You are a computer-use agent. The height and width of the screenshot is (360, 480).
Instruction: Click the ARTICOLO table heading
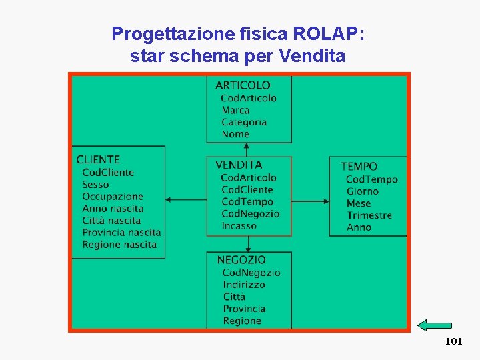[x=243, y=85]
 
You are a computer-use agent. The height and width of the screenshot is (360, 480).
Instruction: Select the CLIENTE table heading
[x=98, y=159]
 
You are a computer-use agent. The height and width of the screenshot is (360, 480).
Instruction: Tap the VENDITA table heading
[x=239, y=165]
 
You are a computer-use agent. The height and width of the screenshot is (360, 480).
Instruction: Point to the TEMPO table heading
[x=359, y=167]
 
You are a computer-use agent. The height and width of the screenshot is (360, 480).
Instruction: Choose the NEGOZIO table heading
[x=241, y=260]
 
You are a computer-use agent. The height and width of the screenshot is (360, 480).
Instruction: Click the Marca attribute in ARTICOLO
[x=235, y=110]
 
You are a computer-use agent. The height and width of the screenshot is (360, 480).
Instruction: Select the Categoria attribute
[x=244, y=122]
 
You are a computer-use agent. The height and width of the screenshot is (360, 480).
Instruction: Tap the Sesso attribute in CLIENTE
[x=95, y=185]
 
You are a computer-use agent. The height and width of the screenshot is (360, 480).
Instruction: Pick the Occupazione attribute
[x=113, y=197]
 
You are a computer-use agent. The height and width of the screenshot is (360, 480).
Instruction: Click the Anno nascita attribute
[x=113, y=209]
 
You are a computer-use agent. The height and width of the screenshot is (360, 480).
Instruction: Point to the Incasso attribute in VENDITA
[x=239, y=226]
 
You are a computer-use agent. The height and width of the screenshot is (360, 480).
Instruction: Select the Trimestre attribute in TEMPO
[x=369, y=215]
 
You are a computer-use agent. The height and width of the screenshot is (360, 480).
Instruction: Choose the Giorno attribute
[x=362, y=191]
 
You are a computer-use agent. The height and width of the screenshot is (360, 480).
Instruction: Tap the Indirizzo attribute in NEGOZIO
[x=244, y=285]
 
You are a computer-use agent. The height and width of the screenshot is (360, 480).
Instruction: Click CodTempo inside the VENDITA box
[x=247, y=202]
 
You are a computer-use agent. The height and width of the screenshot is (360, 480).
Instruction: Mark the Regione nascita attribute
[x=119, y=245]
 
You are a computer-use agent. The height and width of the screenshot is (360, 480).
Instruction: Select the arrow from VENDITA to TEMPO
[x=311, y=200]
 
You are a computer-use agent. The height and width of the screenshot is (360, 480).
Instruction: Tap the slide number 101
[x=453, y=341]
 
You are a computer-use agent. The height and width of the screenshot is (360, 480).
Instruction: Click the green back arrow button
[x=434, y=325]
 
